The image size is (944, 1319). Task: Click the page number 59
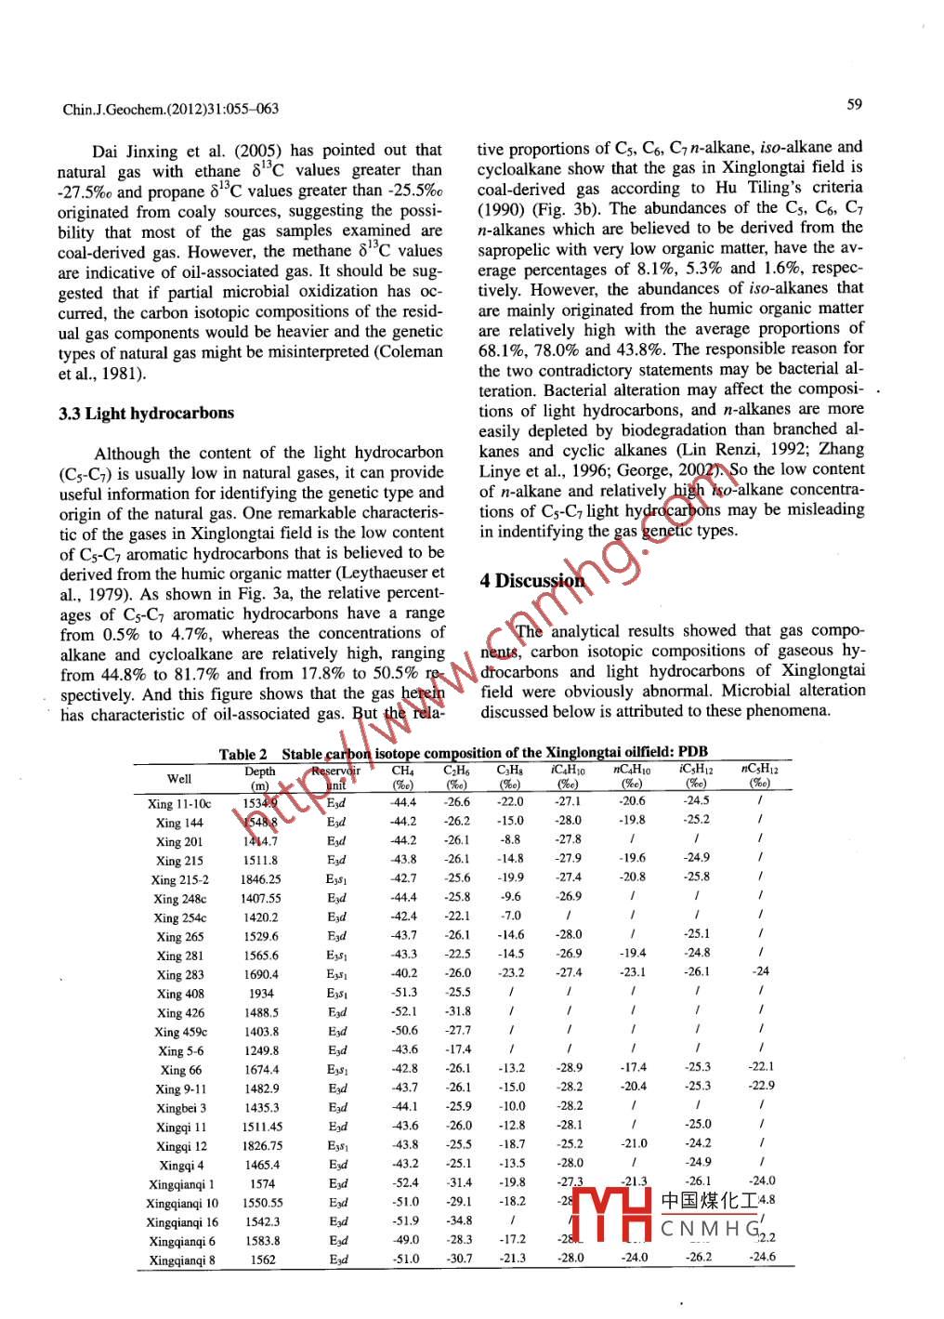pyautogui.click(x=854, y=104)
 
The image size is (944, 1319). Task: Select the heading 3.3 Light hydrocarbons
pyautogui.click(x=146, y=414)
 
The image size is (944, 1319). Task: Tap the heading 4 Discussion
pyautogui.click(x=532, y=581)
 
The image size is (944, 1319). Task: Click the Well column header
pyautogui.click(x=179, y=779)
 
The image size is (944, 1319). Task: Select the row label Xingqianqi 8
pyautogui.click(x=182, y=1260)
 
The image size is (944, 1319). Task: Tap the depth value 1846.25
pyautogui.click(x=261, y=878)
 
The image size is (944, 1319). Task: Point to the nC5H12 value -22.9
pyautogui.click(x=761, y=1086)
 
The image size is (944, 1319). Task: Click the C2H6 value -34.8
pyautogui.click(x=457, y=1220)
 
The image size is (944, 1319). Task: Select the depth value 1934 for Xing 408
pyautogui.click(x=261, y=994)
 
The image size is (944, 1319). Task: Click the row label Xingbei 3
pyautogui.click(x=181, y=1108)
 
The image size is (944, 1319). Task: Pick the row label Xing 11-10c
pyautogui.click(x=179, y=804)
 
